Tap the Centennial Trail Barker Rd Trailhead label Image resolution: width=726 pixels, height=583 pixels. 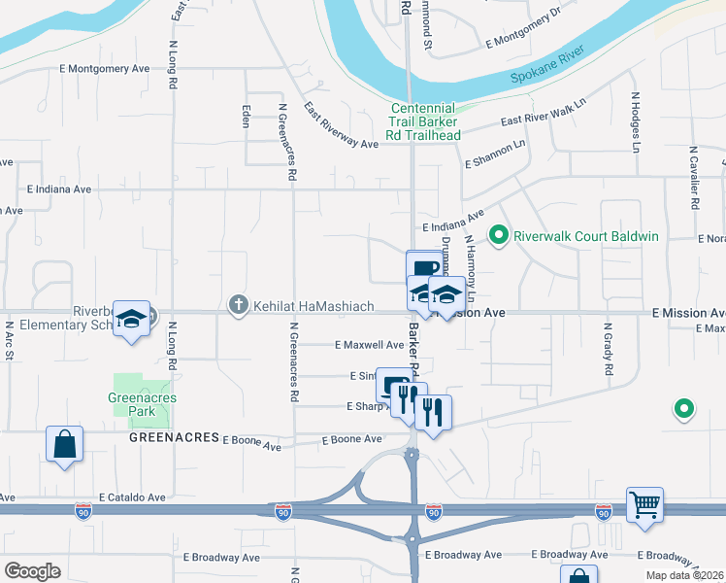coord(424,122)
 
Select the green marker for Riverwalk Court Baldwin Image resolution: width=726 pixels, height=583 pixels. coord(499,235)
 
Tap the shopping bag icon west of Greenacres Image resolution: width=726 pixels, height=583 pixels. coord(64,444)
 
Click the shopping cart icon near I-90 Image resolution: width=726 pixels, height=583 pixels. coord(644,505)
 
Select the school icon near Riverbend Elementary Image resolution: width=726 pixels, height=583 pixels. coord(131,319)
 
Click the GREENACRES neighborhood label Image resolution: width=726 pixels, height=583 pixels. coord(172,438)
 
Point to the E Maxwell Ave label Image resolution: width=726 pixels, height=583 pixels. coord(369,345)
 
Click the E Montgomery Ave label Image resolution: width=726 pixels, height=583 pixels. coord(104,68)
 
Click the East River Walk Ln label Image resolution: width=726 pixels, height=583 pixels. coord(544,114)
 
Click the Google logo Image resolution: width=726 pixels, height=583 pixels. coord(33,571)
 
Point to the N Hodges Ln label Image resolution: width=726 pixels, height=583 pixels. coord(636,123)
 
